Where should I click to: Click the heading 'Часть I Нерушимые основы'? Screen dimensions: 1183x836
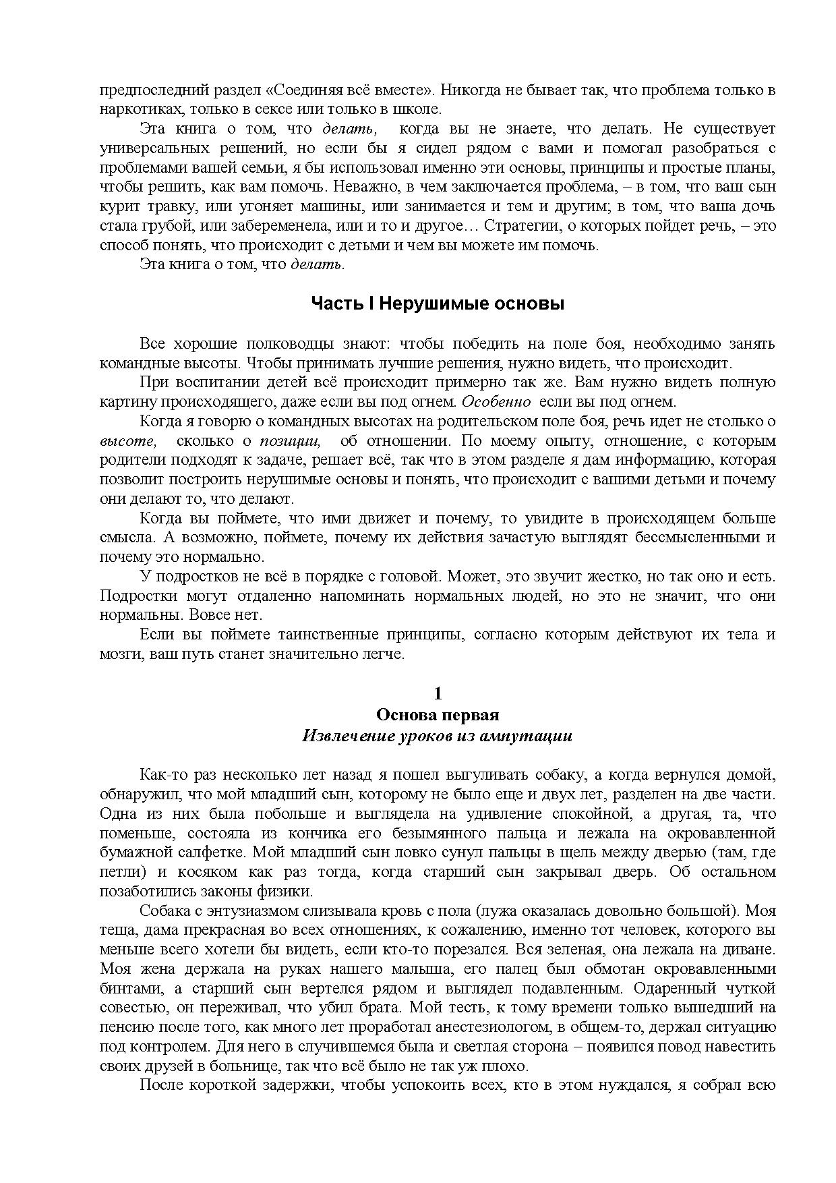point(437,304)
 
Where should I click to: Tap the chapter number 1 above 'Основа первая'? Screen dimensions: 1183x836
point(438,693)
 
